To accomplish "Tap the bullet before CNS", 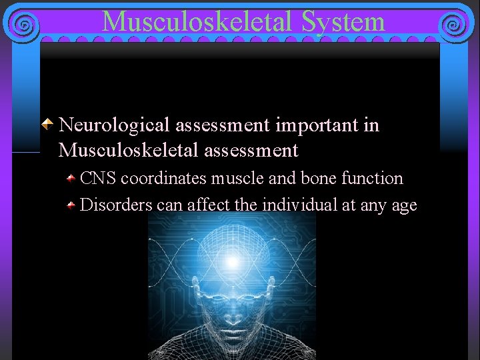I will click(x=70, y=178).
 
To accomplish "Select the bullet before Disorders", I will click(x=70, y=205).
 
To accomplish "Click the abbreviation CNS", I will click(x=98, y=179).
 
